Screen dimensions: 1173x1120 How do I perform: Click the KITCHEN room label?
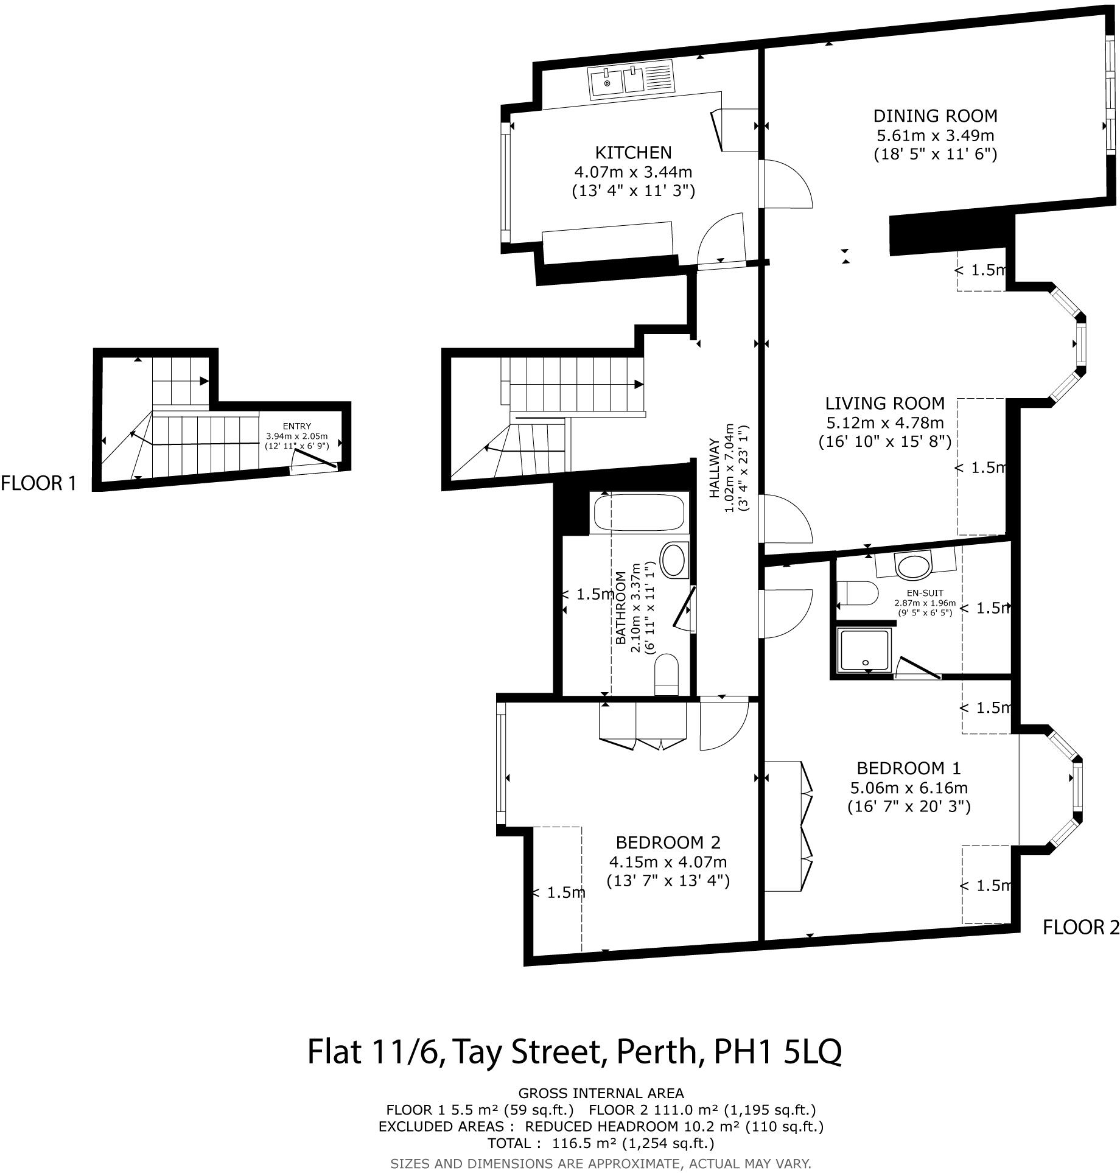(x=633, y=152)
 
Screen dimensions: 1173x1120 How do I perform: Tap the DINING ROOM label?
(x=935, y=116)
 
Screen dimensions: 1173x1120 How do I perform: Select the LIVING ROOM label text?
(x=884, y=403)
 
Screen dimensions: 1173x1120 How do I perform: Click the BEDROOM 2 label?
(x=668, y=842)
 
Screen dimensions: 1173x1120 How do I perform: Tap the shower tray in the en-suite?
(x=865, y=651)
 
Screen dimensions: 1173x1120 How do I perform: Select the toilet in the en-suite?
(x=856, y=594)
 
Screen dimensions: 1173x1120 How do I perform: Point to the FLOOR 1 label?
(x=39, y=484)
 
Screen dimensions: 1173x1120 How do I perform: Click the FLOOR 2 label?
(x=1080, y=927)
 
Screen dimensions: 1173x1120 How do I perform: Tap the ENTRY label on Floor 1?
(x=296, y=427)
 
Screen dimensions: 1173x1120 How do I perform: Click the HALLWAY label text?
(x=715, y=469)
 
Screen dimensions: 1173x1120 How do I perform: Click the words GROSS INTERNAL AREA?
(x=601, y=1093)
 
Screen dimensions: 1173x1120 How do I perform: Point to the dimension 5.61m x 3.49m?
(x=935, y=135)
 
